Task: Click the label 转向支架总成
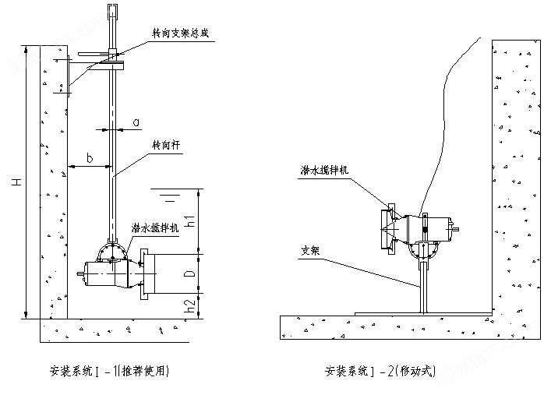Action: click(x=181, y=34)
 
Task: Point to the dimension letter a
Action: click(x=136, y=122)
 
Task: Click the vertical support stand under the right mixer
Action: click(x=424, y=285)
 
